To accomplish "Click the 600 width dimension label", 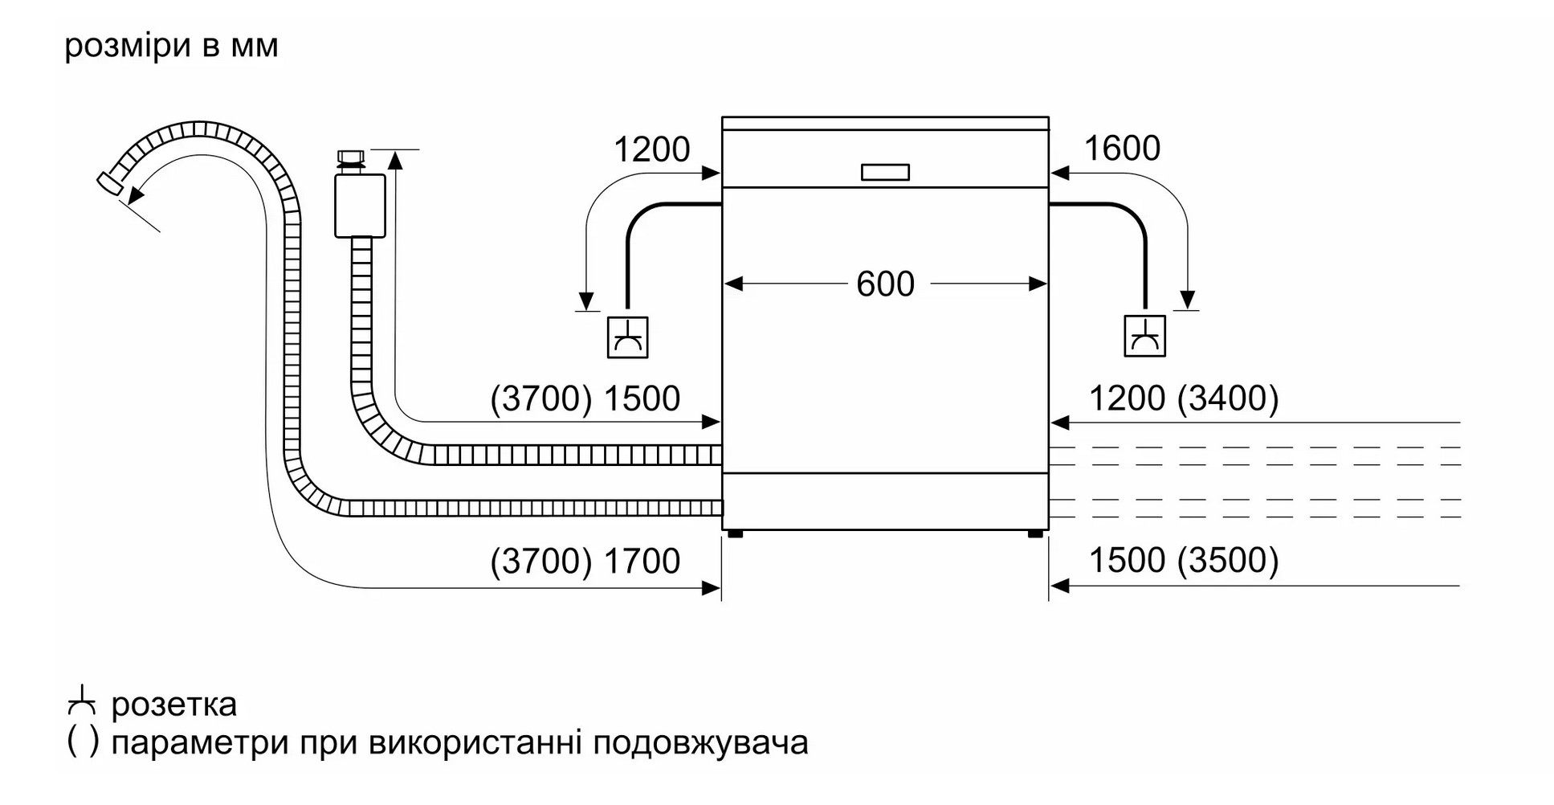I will (885, 284).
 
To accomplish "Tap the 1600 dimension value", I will (1122, 149).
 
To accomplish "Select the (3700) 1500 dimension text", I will (585, 399).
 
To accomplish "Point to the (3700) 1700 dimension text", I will (585, 562).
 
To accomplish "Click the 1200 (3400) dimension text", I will (1183, 399).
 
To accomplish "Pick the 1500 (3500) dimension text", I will (1183, 561).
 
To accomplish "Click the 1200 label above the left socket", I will (651, 149).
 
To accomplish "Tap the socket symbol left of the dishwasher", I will (627, 337).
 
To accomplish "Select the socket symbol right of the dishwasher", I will (1144, 337).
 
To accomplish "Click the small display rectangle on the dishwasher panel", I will (885, 173).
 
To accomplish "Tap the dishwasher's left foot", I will (735, 533).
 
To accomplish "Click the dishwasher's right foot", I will (1035, 533).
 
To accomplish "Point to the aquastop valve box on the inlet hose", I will (360, 206).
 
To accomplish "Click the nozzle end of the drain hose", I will (110, 184).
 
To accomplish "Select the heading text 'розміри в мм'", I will (171, 46).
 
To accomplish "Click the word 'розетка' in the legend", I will (174, 705).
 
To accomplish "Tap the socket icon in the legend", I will (82, 701).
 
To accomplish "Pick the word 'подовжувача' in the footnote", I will (700, 743).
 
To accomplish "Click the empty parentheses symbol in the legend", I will (83, 742).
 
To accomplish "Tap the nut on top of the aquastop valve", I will (351, 157).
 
